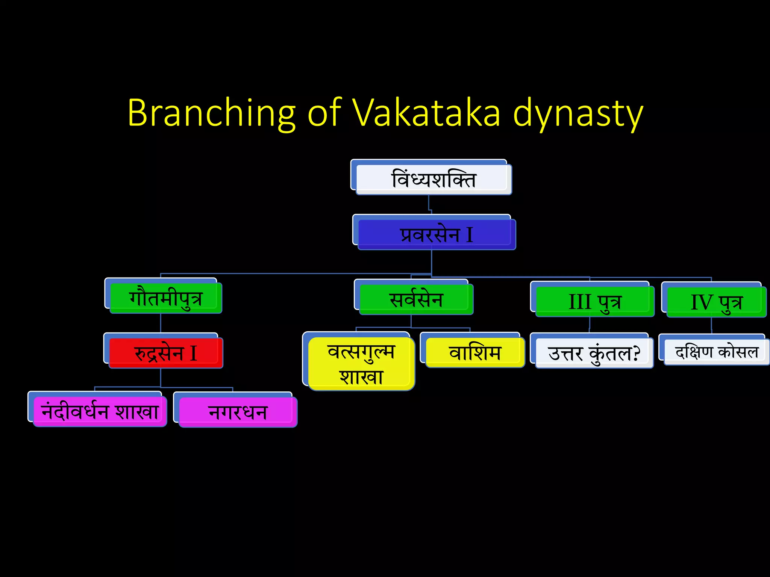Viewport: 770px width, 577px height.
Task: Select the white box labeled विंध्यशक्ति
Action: click(434, 179)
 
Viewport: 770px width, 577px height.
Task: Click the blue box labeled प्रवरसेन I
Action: click(436, 235)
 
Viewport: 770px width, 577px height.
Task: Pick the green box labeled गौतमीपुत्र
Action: click(165, 298)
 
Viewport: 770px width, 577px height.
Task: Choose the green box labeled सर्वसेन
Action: click(416, 299)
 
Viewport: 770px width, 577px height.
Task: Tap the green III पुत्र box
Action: click(594, 302)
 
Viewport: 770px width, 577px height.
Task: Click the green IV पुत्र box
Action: click(716, 302)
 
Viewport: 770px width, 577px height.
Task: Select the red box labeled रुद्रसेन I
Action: click(165, 353)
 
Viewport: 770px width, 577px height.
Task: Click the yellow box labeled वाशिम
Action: click(475, 352)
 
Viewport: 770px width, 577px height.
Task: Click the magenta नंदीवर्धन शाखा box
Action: click(100, 411)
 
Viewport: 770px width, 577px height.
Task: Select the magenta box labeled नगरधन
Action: click(238, 412)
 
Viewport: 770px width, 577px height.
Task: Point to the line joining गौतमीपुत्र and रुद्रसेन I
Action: click(161, 323)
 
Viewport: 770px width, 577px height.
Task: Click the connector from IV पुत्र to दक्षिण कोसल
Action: click(711, 325)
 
